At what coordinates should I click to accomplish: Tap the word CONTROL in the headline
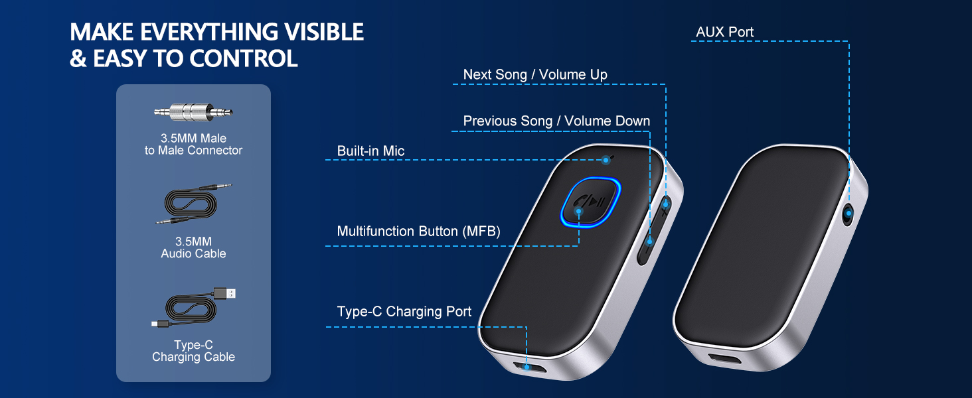coord(244,59)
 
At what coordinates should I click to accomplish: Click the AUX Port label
coord(724,32)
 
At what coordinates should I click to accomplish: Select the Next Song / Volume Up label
coord(535,74)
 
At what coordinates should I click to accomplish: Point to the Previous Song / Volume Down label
coord(556,121)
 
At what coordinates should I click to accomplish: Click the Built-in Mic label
coord(370,151)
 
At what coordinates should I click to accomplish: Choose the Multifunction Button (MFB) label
coord(418,231)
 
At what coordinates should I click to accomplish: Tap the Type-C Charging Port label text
coord(404,311)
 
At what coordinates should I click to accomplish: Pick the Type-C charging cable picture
coord(193,309)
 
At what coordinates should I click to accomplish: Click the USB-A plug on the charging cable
coord(226,293)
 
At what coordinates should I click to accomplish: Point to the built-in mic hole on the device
coord(606,160)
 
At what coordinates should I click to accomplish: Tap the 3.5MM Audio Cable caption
coord(193,247)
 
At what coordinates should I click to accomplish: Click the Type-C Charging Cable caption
coord(193,351)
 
